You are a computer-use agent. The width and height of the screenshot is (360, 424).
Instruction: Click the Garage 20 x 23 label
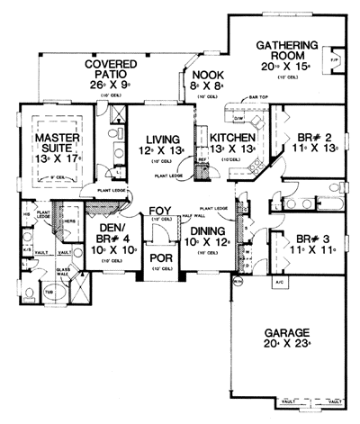[287, 336]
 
